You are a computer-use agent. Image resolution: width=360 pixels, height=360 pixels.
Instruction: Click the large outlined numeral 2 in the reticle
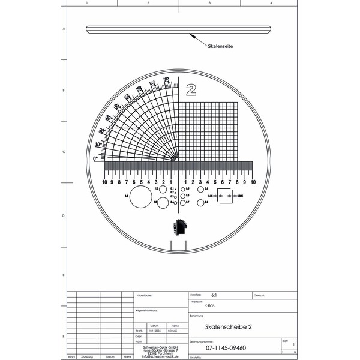click(191, 89)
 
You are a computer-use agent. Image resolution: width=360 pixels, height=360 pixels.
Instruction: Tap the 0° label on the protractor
click(95, 158)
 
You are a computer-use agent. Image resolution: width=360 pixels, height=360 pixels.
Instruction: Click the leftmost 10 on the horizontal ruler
click(104, 182)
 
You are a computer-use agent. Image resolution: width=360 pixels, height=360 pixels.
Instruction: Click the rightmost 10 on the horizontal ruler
click(253, 182)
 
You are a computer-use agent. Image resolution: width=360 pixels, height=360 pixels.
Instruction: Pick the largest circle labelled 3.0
click(142, 196)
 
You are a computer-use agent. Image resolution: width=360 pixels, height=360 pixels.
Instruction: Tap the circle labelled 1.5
click(163, 202)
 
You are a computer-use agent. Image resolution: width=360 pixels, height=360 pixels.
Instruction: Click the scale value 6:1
click(215, 296)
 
